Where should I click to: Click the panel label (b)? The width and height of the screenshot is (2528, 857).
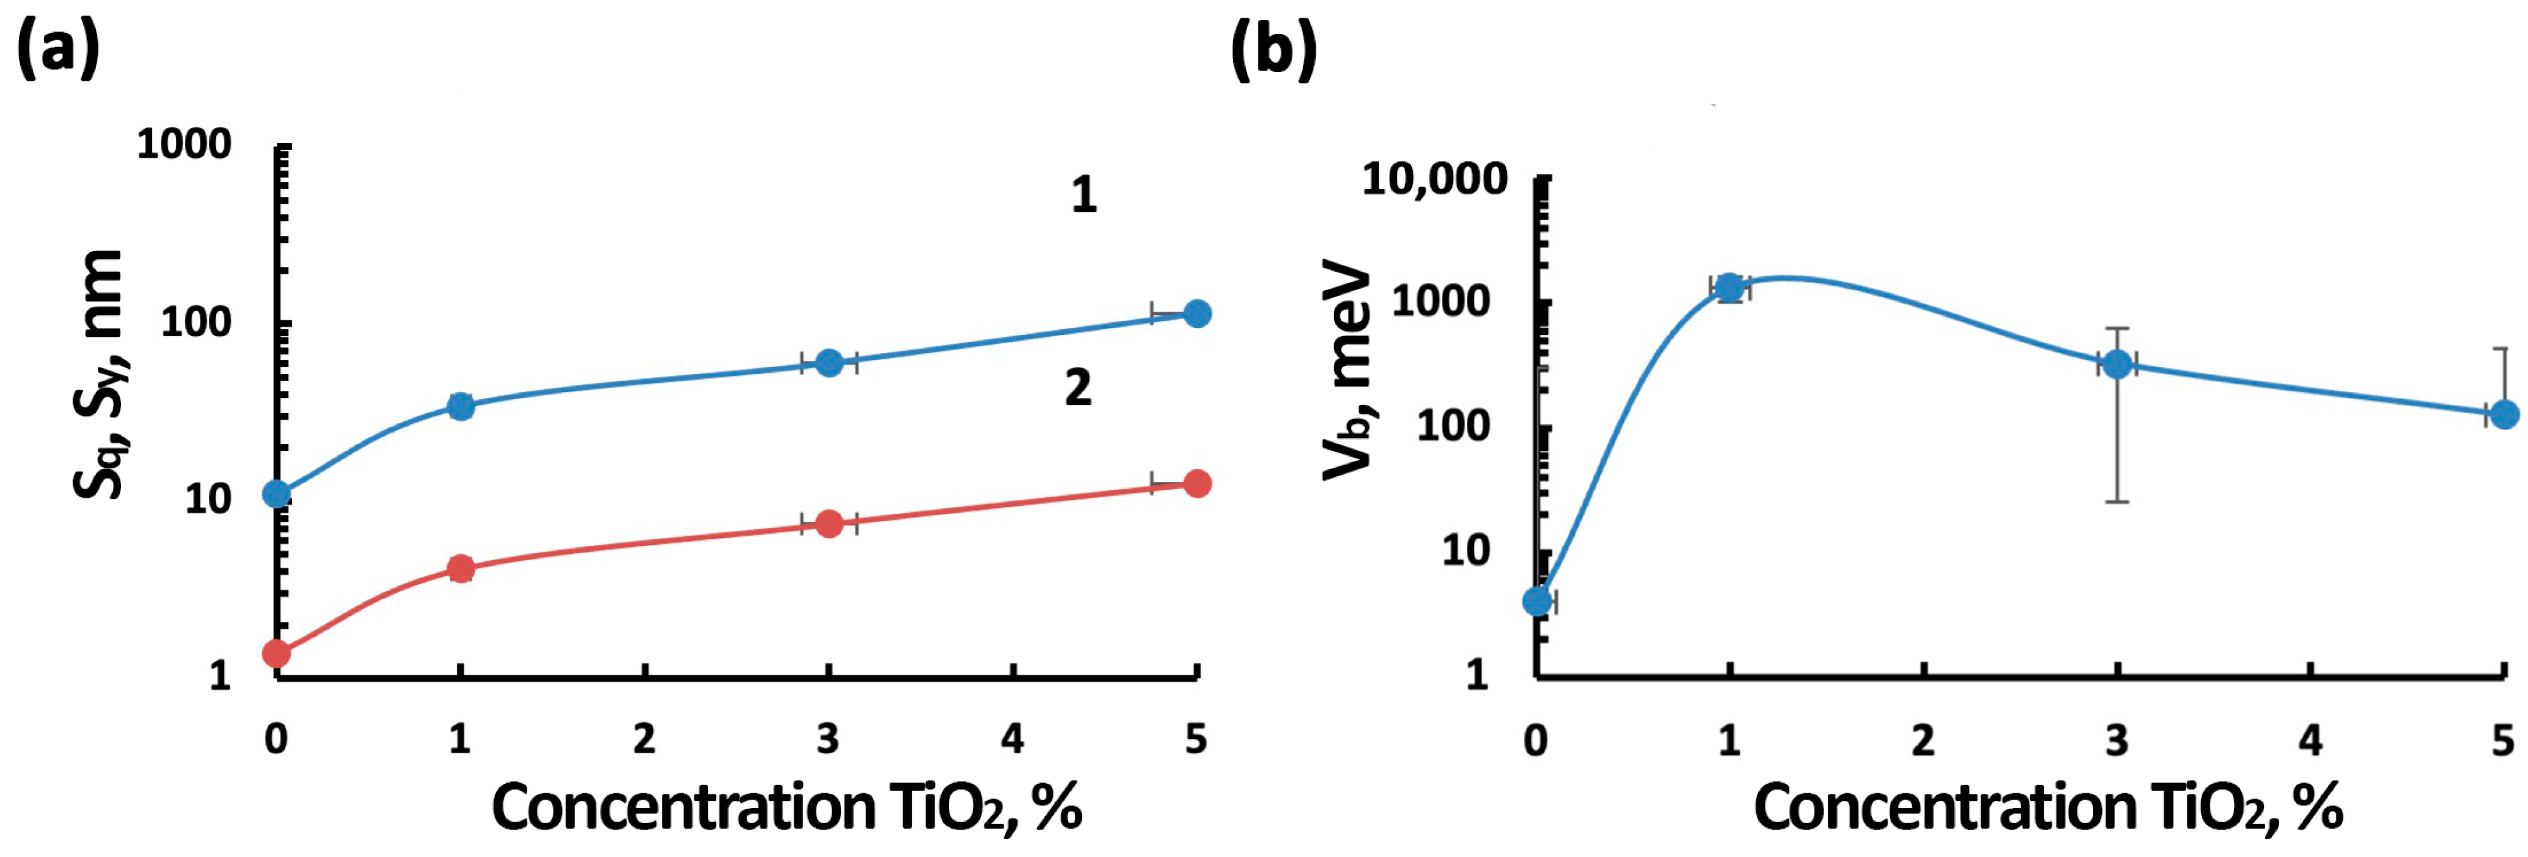[1274, 49]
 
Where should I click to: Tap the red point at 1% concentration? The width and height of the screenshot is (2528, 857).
[460, 568]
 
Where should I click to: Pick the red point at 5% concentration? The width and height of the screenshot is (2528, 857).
[1197, 483]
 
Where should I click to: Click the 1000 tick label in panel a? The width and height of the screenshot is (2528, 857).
[183, 145]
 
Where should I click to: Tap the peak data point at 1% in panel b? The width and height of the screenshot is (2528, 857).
[1729, 287]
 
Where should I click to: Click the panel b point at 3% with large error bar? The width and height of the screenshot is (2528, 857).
[2118, 363]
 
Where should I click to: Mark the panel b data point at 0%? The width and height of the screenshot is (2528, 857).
[1538, 601]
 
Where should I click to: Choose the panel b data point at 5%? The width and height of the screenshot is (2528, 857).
[2505, 414]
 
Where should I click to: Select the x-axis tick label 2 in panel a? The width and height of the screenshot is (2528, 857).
[644, 738]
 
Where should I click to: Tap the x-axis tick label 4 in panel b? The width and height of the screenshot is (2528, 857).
[2311, 739]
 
